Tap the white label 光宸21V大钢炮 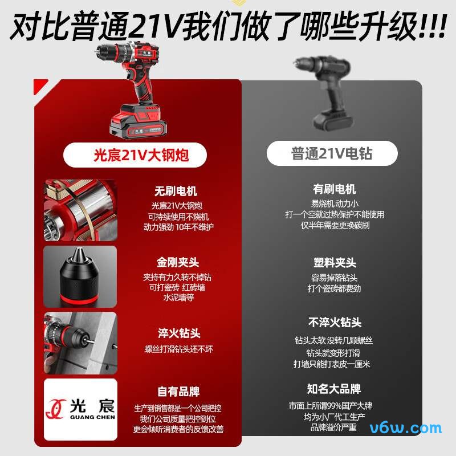pyautogui.click(x=141, y=154)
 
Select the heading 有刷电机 pyautogui.click(x=335, y=189)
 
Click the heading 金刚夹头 pyautogui.click(x=178, y=263)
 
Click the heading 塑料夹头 pyautogui.click(x=335, y=263)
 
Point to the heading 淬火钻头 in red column pyautogui.click(x=179, y=333)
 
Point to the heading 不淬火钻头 pyautogui.click(x=335, y=323)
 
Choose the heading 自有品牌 pyautogui.click(x=178, y=392)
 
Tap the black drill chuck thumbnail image pyautogui.click(x=80, y=276)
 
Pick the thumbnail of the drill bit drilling pyautogui.click(x=80, y=342)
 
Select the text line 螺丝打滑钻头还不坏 pyautogui.click(x=178, y=349)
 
